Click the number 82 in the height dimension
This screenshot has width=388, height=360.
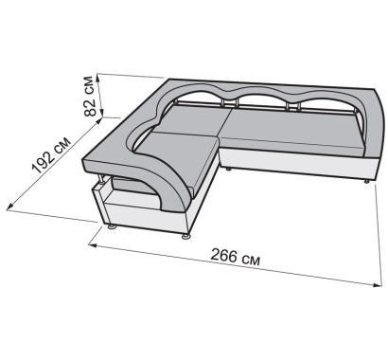coord(91,107)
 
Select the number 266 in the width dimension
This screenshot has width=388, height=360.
coord(224,255)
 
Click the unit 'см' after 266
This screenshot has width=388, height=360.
coord(252,260)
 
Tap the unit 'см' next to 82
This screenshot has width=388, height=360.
coord(90,85)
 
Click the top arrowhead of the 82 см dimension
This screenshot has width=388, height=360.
coord(99,78)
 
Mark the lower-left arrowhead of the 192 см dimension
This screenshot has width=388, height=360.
coord(10,207)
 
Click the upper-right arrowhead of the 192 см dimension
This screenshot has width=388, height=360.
coord(99,120)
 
